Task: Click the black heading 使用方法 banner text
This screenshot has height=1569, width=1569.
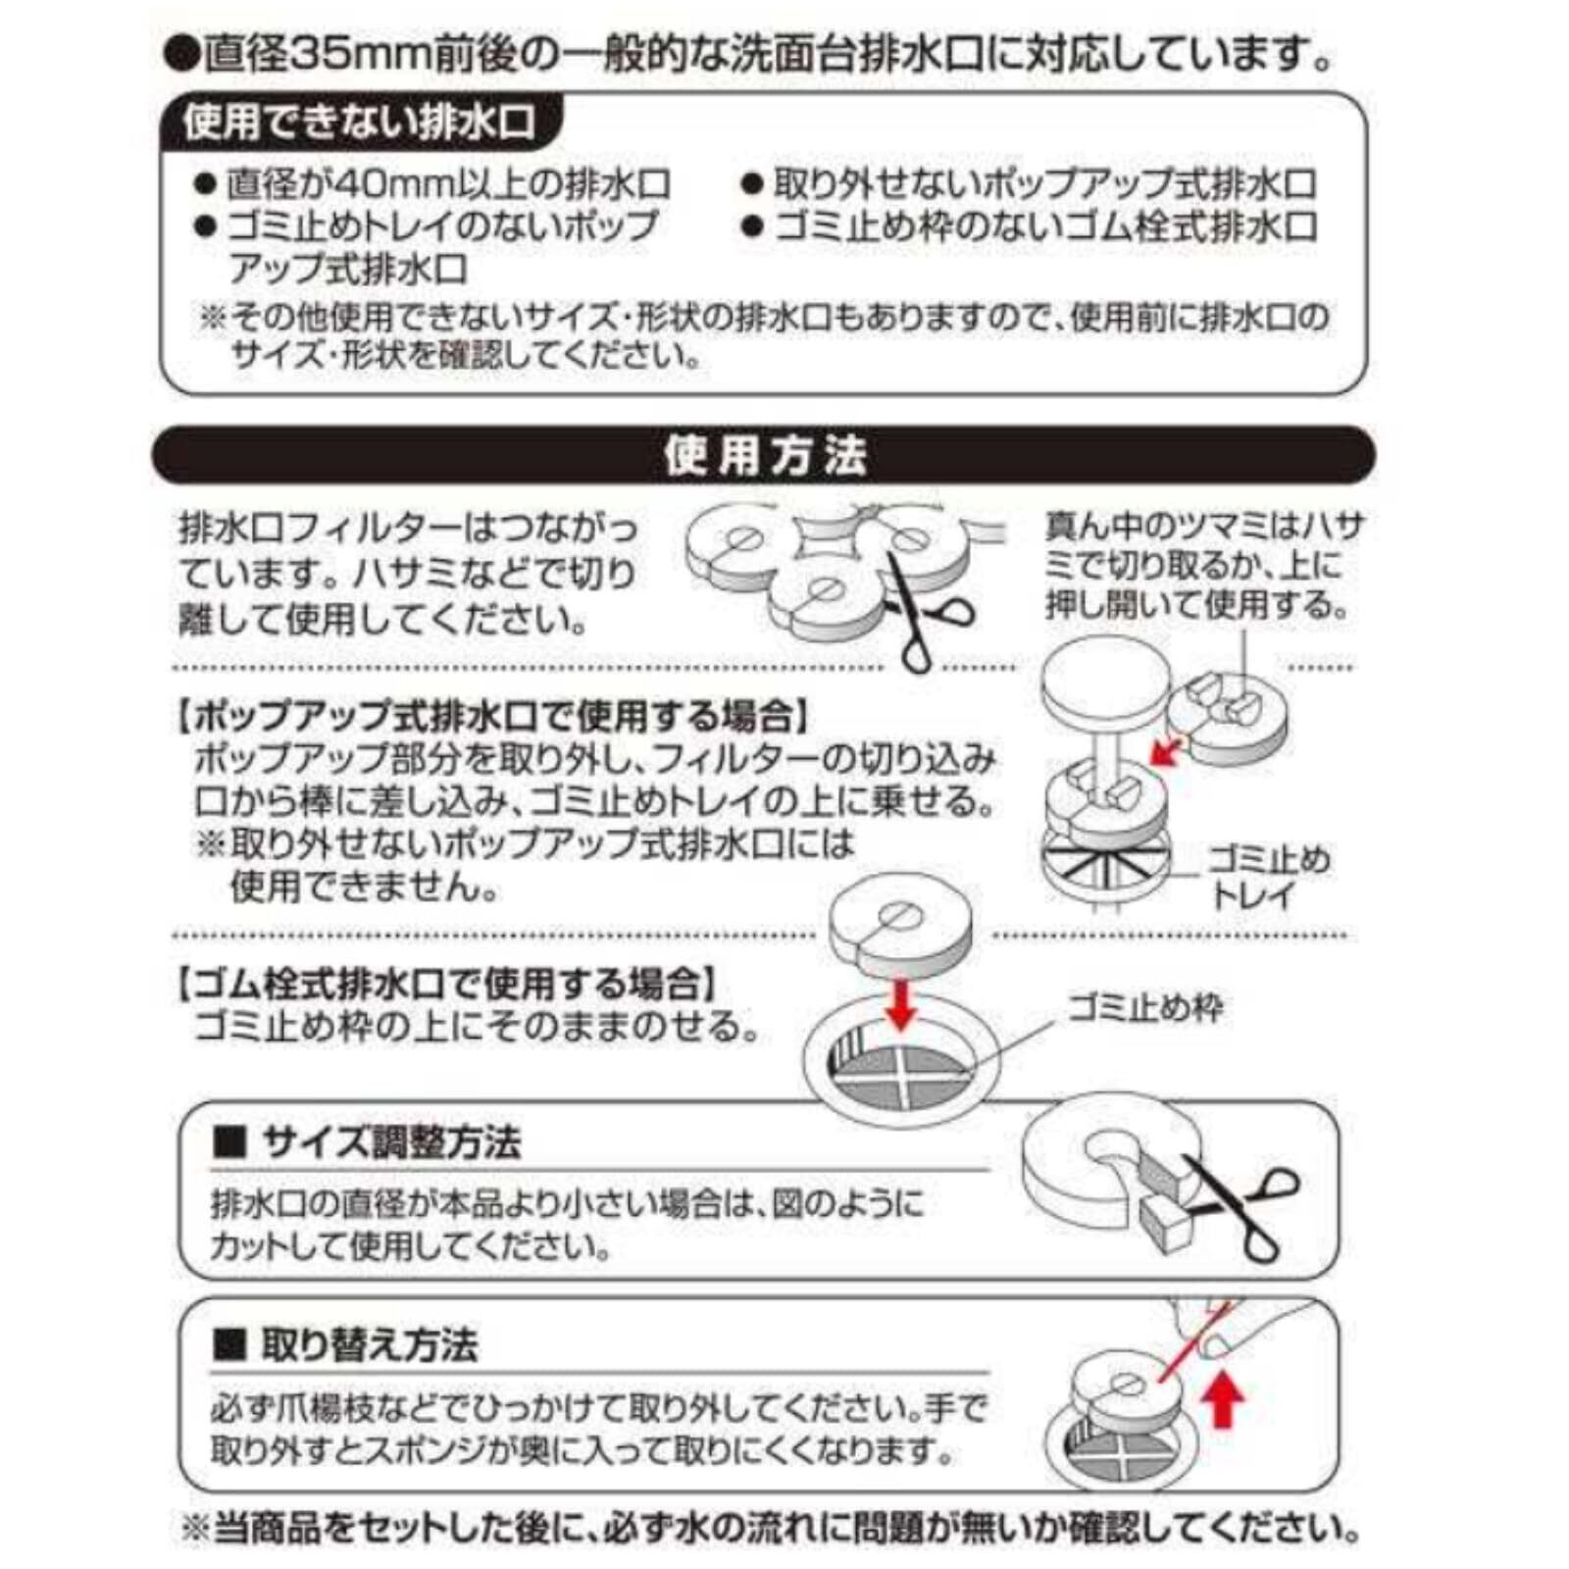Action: (765, 456)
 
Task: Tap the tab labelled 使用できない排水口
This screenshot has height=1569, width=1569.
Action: (359, 123)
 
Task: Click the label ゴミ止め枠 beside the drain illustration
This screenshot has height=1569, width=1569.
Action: (1145, 1008)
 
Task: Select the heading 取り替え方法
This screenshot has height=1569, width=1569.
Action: (369, 1344)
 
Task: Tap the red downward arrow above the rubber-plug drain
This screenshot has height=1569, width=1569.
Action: (900, 1003)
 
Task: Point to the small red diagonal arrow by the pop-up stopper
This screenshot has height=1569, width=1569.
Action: (1164, 751)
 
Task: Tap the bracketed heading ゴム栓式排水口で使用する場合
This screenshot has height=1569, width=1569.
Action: (447, 983)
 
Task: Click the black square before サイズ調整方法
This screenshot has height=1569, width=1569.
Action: (228, 1143)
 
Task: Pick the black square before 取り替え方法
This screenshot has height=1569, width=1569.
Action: (228, 1345)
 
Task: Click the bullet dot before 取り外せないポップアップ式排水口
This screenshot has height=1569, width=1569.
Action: (752, 184)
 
